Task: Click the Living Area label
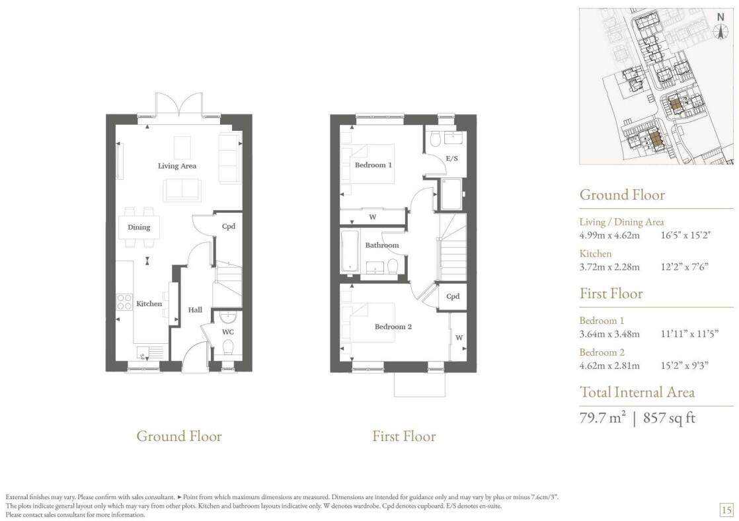tap(176, 166)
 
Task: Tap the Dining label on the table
tap(139, 227)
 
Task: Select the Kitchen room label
tap(149, 304)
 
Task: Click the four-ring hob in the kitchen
tap(124, 302)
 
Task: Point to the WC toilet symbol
tap(228, 346)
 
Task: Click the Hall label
tap(195, 309)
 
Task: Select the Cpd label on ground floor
tap(229, 226)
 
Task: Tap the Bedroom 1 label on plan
tap(373, 165)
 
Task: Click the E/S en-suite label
tap(452, 159)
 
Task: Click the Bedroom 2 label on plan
tap(393, 327)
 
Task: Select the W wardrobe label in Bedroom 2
tap(458, 338)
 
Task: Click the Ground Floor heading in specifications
tap(621, 195)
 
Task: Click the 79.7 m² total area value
tap(602, 418)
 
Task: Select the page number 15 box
tap(726, 509)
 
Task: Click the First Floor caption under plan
tap(404, 436)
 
